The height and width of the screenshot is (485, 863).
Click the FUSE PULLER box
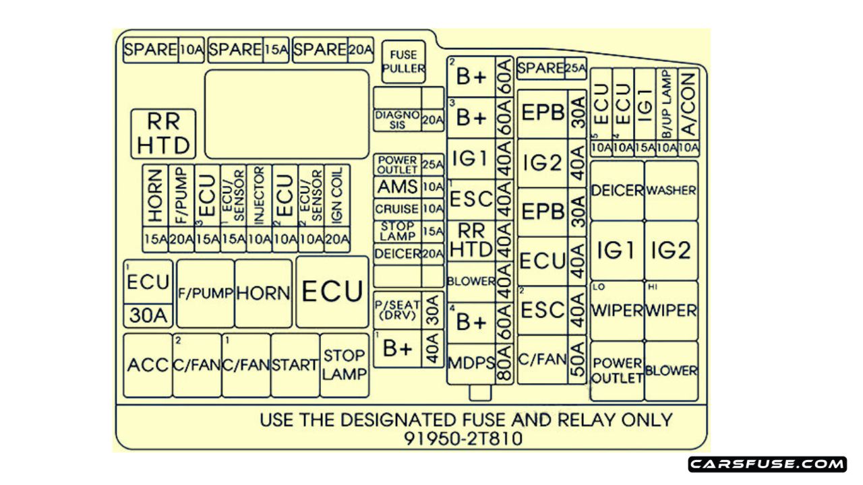(x=403, y=61)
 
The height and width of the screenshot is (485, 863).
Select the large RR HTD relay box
(x=163, y=133)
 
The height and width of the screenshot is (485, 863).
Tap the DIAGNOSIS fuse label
(x=397, y=120)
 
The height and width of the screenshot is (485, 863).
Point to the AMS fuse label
(x=397, y=187)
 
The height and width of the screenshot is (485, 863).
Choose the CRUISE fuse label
(x=397, y=209)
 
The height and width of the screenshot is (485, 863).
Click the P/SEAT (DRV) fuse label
(x=397, y=310)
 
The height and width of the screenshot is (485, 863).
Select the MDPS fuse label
(x=471, y=362)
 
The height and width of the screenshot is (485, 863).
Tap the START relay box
(x=295, y=365)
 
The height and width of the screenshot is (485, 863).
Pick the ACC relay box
(x=148, y=365)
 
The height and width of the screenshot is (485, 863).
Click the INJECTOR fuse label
(x=259, y=195)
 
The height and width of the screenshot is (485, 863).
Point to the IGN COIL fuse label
(x=337, y=195)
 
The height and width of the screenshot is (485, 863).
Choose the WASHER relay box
(x=671, y=191)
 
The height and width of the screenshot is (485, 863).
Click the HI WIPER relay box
(x=671, y=311)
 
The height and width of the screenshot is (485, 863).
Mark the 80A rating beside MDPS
(x=504, y=362)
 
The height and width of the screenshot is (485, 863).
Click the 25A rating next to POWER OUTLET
(x=433, y=164)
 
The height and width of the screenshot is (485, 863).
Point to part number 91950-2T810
(x=463, y=439)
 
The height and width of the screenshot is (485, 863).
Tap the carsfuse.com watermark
(x=767, y=464)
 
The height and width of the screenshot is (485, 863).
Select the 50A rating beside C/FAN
(x=576, y=360)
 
